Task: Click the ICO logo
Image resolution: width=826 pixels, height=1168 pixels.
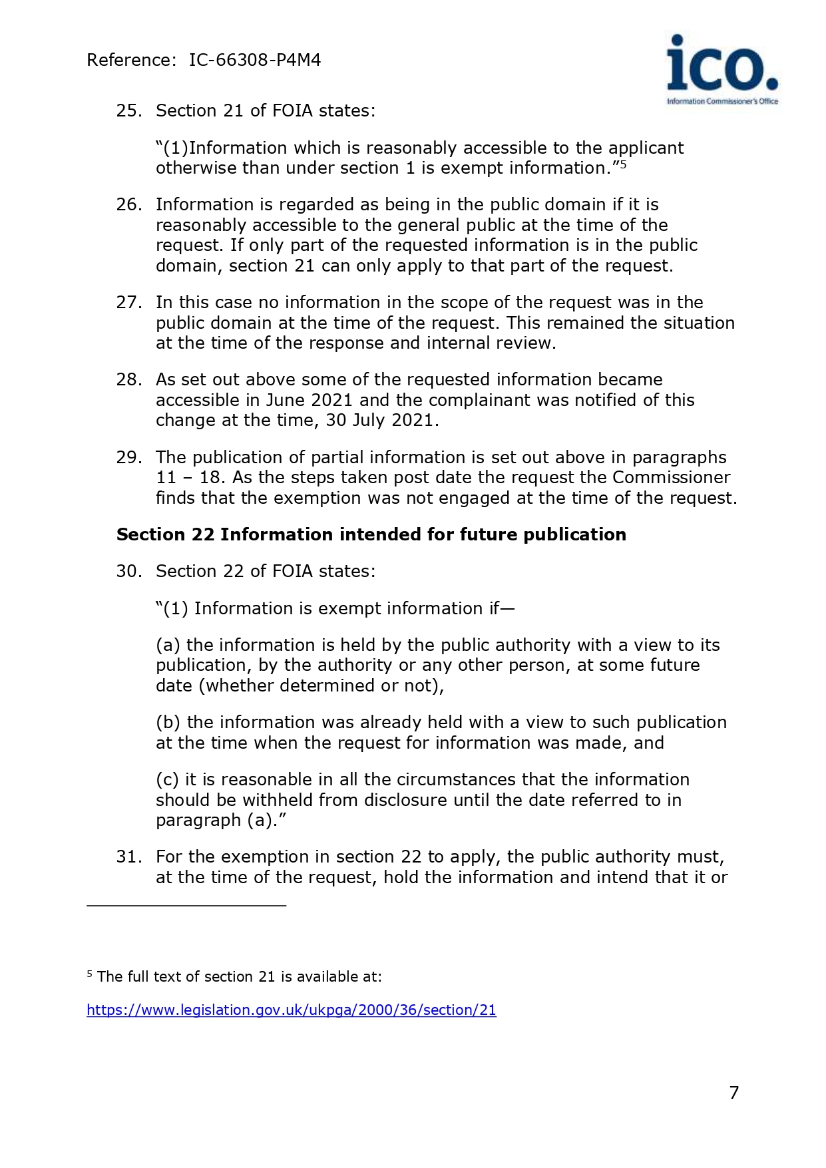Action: [722, 70]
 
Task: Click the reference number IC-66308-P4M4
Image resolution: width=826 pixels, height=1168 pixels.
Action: [255, 61]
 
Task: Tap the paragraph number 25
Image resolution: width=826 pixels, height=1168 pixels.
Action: [128, 111]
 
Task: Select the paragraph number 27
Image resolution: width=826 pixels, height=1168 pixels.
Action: [128, 303]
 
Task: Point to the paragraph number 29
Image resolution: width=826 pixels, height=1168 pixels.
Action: [128, 458]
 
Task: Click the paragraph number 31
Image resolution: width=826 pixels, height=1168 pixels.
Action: [128, 857]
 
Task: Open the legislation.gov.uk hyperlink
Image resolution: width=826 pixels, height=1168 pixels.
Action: [292, 1010]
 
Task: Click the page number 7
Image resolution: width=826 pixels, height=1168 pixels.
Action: [734, 1093]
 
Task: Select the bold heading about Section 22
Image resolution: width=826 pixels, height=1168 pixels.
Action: [371, 535]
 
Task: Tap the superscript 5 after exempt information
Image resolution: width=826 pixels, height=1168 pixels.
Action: [624, 164]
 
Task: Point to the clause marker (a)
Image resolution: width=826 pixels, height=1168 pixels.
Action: [168, 646]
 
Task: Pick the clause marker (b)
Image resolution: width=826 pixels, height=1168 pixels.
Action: [168, 723]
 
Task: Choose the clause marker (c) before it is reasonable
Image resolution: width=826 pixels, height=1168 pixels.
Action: [167, 780]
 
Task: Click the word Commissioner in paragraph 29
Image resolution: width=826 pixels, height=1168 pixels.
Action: [671, 478]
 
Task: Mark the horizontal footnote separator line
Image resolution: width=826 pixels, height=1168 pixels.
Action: [186, 906]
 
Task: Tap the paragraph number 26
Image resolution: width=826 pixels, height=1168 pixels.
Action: [128, 205]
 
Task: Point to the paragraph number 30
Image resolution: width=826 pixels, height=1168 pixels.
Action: [128, 572]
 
